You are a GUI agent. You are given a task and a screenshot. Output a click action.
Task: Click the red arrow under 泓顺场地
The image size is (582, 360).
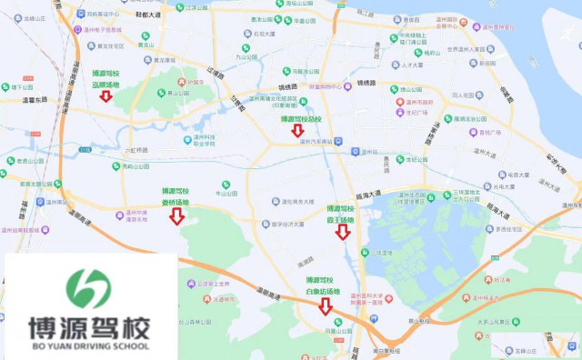point(106,96)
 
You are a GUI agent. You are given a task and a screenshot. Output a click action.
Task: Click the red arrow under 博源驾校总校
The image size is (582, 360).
point(297,132)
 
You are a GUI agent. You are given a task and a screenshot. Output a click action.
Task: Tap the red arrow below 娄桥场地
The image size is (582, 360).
point(176,216)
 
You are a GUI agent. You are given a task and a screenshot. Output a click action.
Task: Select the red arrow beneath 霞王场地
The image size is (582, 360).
point(342,232)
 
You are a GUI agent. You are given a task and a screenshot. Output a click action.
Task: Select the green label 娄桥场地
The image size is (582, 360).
point(176,202)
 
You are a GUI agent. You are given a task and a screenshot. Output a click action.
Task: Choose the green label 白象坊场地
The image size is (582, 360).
point(325,291)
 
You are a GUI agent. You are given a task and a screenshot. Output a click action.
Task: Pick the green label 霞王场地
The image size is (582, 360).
point(342,218)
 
